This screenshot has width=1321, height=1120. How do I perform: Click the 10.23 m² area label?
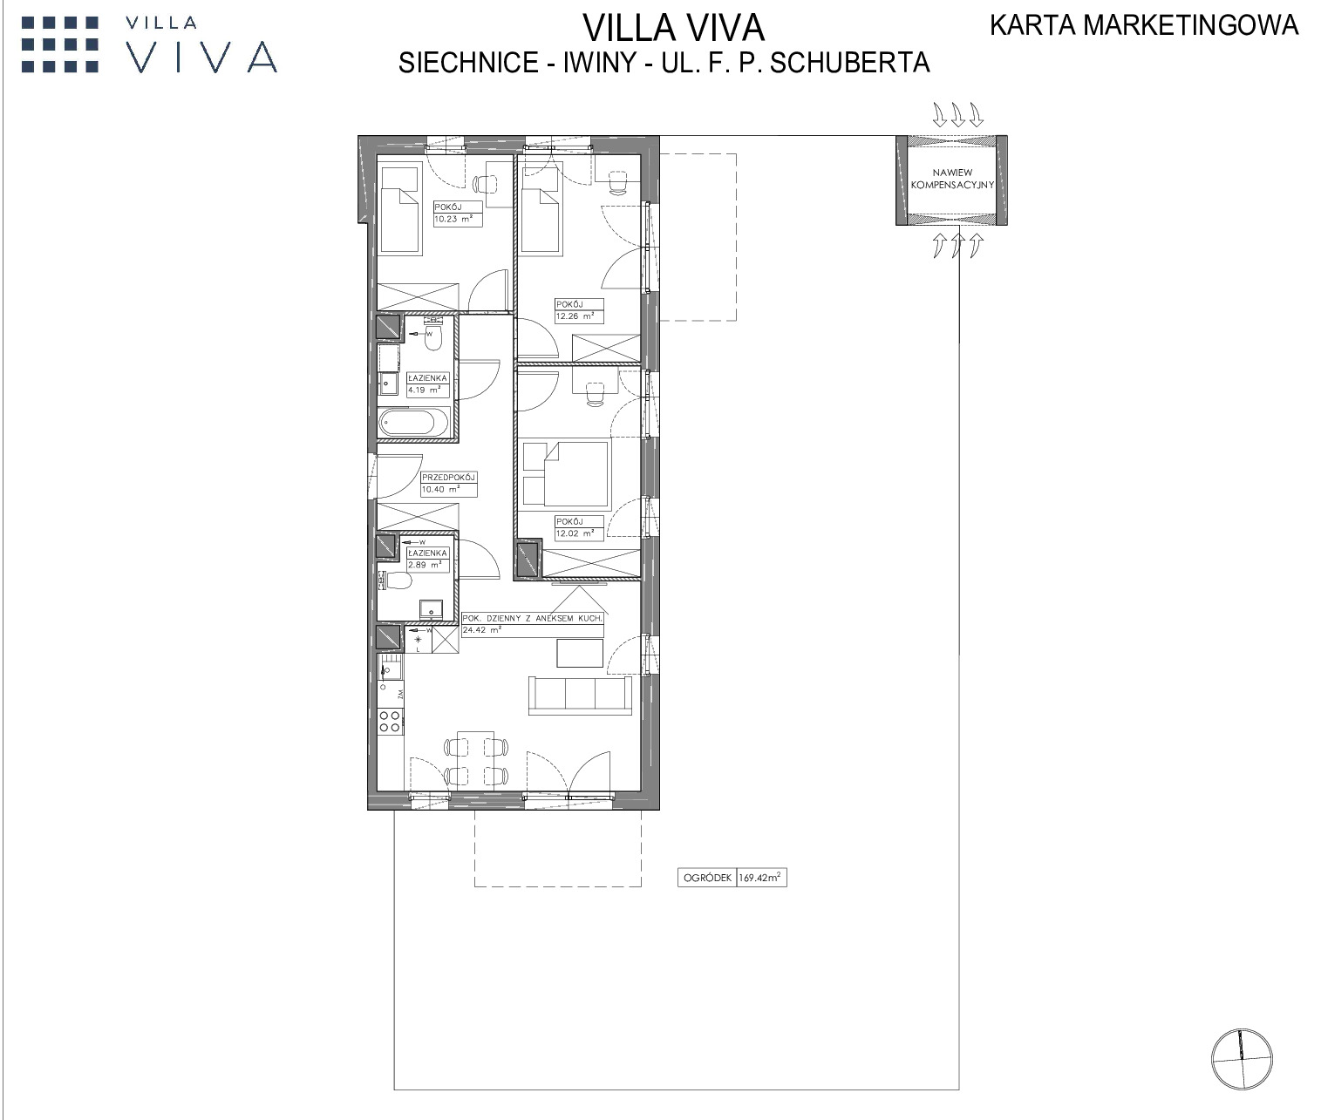pyautogui.click(x=453, y=219)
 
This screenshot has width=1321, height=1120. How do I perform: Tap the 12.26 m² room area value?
pyautogui.click(x=575, y=316)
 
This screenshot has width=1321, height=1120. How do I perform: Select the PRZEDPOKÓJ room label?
pyautogui.click(x=448, y=478)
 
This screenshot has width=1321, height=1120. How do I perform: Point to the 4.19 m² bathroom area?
pyautogui.click(x=425, y=390)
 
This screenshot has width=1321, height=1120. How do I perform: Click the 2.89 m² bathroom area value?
pyautogui.click(x=425, y=565)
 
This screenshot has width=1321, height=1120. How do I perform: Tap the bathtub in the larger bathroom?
pyautogui.click(x=415, y=423)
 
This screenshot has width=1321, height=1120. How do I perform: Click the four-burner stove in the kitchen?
pyautogui.click(x=390, y=721)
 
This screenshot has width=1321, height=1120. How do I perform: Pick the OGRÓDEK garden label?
pyautogui.click(x=707, y=878)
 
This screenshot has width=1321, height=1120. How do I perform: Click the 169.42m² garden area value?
pyautogui.click(x=760, y=878)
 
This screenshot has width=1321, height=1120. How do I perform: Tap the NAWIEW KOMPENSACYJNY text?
pyautogui.click(x=952, y=179)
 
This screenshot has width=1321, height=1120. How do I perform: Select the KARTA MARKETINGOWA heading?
pyautogui.click(x=1144, y=25)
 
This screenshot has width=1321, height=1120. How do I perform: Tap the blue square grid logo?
pyautogui.click(x=60, y=44)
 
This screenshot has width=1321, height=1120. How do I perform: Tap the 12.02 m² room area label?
pyautogui.click(x=575, y=533)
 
